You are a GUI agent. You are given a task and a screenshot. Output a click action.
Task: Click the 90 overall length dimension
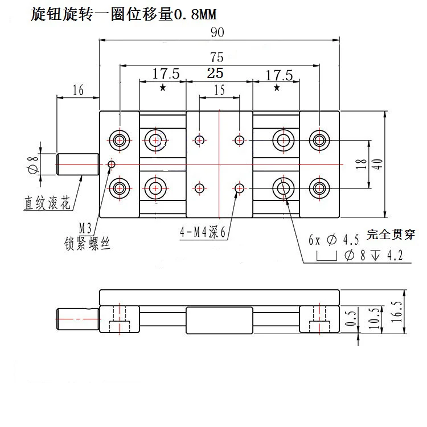(x=217, y=32)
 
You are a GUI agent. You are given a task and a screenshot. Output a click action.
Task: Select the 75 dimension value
(x=217, y=58)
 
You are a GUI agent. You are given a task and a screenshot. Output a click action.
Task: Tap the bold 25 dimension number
(x=215, y=73)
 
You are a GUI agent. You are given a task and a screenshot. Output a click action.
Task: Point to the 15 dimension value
(x=219, y=90)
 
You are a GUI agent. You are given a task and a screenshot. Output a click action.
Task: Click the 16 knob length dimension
(x=78, y=90)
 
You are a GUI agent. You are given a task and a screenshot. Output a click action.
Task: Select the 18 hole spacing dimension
(x=361, y=164)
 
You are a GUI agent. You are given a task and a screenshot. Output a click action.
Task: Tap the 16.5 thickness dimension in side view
(x=396, y=312)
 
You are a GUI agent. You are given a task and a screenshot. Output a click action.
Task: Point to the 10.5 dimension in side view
(x=374, y=318)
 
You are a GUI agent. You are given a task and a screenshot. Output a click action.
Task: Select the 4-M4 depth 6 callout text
(x=203, y=232)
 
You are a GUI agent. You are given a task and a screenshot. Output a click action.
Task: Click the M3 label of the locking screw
(x=85, y=228)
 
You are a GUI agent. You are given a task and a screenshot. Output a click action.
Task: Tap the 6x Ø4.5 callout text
(x=334, y=240)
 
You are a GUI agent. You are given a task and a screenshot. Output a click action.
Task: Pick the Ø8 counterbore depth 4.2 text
(x=373, y=256)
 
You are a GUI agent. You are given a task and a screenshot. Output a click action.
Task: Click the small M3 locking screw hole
(x=112, y=164)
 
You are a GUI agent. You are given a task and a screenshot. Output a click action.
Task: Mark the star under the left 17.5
(x=163, y=88)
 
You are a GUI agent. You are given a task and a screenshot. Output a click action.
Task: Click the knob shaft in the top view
(x=78, y=165)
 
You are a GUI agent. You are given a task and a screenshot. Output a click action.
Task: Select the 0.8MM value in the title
(x=195, y=14)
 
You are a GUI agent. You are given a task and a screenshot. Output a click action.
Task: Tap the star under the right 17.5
(x=277, y=88)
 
